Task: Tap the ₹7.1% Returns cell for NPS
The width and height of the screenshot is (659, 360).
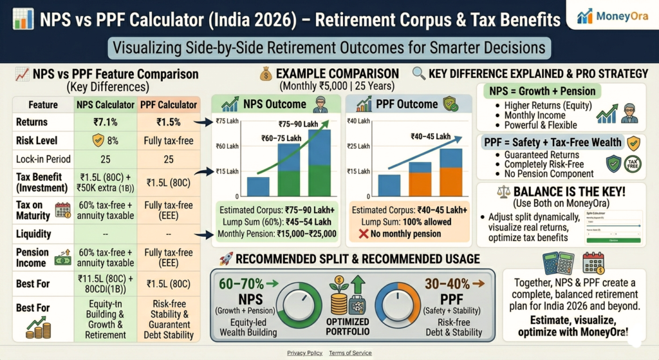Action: [x=105, y=122]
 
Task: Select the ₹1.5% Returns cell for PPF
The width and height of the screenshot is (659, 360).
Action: [x=167, y=122]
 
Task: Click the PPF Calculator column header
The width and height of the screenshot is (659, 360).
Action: [x=167, y=104]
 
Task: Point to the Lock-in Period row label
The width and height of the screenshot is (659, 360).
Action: [x=43, y=158]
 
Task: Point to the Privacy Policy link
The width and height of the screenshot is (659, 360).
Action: [x=305, y=353]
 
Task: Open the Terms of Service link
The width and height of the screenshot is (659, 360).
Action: [x=350, y=353]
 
